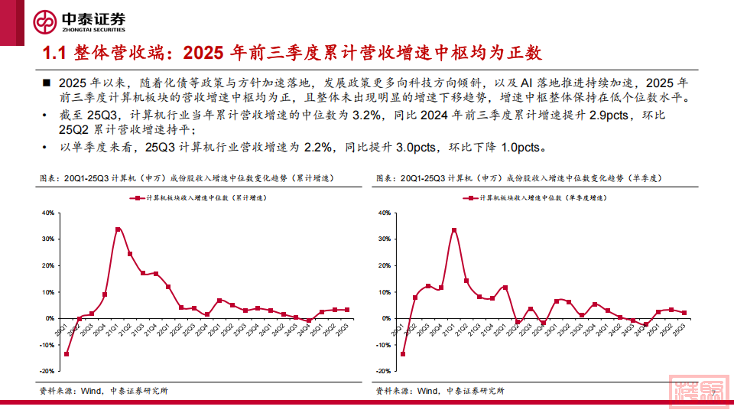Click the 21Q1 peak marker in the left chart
pos(118,229)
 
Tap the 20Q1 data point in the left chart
pos(67,353)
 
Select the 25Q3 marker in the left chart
pos(348,310)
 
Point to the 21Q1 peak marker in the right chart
pos(454,230)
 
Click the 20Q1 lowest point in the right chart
pos(403,353)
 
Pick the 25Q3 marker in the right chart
pos(684,313)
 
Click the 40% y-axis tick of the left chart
pos(47,213)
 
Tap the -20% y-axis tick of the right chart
pos(384,371)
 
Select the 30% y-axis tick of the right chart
pos(385,239)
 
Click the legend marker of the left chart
pos(138,197)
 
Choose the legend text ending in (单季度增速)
pos(544,197)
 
